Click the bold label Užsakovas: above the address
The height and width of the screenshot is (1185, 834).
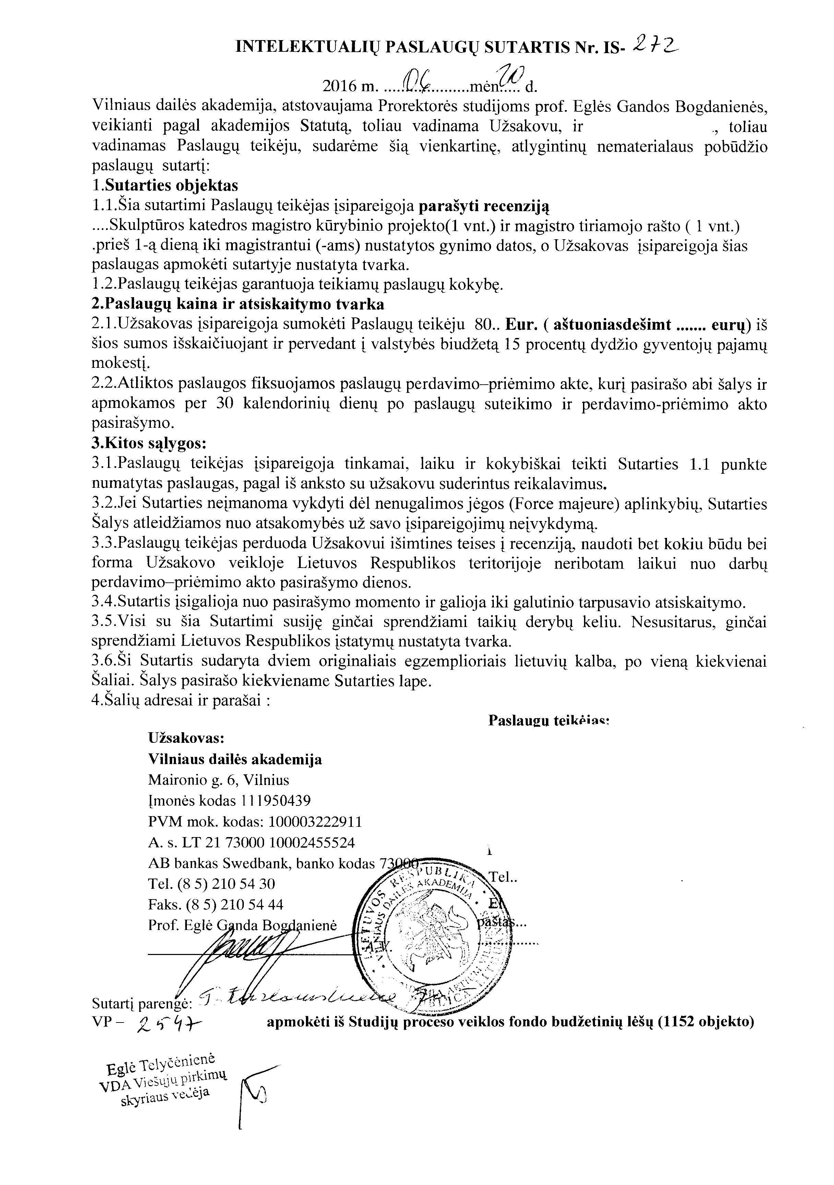186,738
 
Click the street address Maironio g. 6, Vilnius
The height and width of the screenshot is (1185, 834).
218,779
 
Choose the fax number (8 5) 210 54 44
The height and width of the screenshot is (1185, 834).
230,905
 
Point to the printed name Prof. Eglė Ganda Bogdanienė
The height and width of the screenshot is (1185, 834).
242,926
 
